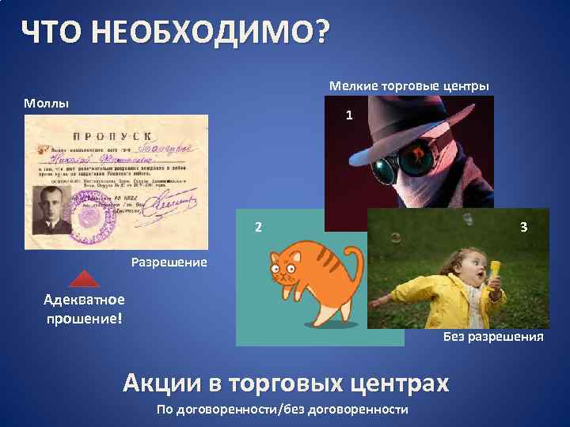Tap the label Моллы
point(46,104)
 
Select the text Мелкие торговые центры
point(409,85)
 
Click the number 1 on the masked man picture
point(349,115)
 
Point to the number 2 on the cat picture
point(258,228)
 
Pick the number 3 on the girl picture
point(523,227)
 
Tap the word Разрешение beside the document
point(169,262)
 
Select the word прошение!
point(83,317)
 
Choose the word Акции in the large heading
point(162,384)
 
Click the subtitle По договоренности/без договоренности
point(283,409)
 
